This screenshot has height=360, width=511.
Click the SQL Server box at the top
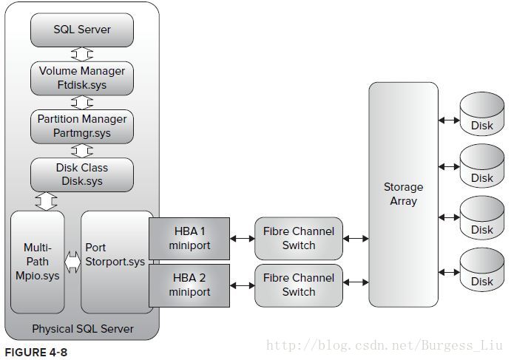[x=82, y=30]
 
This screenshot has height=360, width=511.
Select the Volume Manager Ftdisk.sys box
[x=82, y=78]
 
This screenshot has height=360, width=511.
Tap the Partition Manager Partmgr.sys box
[x=82, y=126]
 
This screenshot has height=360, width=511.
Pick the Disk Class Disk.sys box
[x=82, y=174]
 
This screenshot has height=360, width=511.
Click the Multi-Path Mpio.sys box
[x=38, y=262]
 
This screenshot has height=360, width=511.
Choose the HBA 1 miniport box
[x=189, y=239]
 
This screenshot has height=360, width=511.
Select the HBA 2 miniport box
[x=189, y=285]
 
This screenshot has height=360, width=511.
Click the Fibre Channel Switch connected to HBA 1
[x=299, y=239]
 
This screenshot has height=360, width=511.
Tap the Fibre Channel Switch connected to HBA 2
[x=299, y=285]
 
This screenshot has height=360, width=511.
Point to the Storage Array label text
[x=404, y=194]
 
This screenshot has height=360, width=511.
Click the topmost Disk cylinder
[x=482, y=114]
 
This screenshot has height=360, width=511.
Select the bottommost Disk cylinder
[x=482, y=270]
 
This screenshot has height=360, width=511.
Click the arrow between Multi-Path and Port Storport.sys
[x=72, y=262]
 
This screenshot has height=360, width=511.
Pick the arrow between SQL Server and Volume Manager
[x=82, y=54]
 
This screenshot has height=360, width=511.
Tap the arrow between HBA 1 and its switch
[x=242, y=239]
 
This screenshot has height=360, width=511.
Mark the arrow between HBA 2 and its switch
[x=242, y=286]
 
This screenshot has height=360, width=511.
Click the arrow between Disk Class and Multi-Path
[x=46, y=201]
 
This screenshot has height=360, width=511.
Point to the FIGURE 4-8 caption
[x=35, y=352]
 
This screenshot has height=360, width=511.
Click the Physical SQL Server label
[x=83, y=329]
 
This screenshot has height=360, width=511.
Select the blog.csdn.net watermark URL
[x=385, y=345]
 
